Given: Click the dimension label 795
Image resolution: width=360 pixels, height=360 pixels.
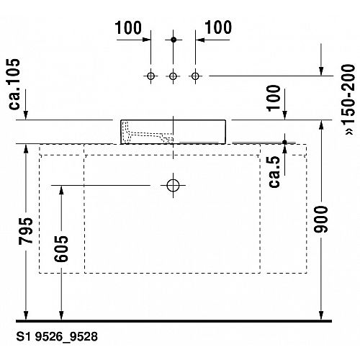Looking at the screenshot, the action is coord(26,231).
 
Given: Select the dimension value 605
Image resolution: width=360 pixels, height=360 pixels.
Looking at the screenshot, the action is coord(61,248).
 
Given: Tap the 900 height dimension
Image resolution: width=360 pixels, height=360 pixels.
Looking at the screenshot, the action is coord(321,219).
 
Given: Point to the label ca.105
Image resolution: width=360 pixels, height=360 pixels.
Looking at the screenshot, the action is coord(14,84).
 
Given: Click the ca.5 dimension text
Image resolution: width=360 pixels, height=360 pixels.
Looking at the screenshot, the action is coord(274,172).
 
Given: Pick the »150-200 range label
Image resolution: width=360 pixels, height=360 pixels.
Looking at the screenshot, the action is coord(349,99).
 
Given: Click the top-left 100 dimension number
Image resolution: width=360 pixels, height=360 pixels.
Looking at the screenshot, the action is coord(128,27).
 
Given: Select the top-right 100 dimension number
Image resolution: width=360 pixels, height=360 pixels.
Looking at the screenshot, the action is coord(218,27).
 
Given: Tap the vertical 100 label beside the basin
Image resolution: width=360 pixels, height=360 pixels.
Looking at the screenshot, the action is coord(274,98).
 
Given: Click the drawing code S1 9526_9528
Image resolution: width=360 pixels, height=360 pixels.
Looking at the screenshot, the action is coord(57,336).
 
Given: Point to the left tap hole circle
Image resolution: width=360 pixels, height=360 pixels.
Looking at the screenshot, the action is coord(150,76).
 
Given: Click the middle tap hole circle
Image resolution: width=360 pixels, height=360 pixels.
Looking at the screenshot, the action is coord(173,76).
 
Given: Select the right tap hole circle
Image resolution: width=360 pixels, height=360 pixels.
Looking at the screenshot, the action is coord(195,76).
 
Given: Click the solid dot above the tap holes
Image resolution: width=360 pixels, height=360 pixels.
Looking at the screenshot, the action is coord(174,40).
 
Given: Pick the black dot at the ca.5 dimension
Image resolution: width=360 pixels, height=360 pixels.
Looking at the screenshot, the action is coord(284,142).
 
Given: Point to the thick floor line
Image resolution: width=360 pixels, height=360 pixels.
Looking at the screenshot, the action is coord(174,321).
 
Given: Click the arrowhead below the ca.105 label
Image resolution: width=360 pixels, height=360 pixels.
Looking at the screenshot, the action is coord(26,115).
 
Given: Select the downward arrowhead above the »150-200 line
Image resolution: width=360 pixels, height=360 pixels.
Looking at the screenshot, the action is coord(321,71).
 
